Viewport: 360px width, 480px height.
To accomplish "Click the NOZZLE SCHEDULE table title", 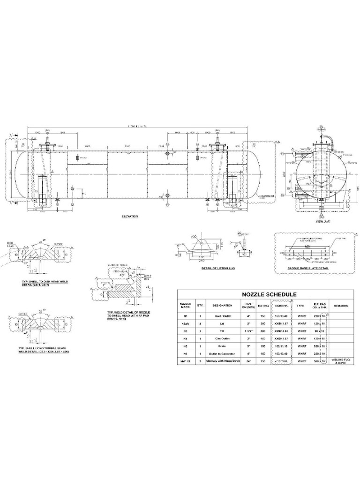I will pos(263,294).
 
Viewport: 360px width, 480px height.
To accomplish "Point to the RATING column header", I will pos(263,305).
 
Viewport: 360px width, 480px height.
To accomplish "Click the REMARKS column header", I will pos(341,305).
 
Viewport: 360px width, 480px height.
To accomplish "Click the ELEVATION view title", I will pos(127,217).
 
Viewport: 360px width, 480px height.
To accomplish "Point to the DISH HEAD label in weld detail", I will pos(11,244).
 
